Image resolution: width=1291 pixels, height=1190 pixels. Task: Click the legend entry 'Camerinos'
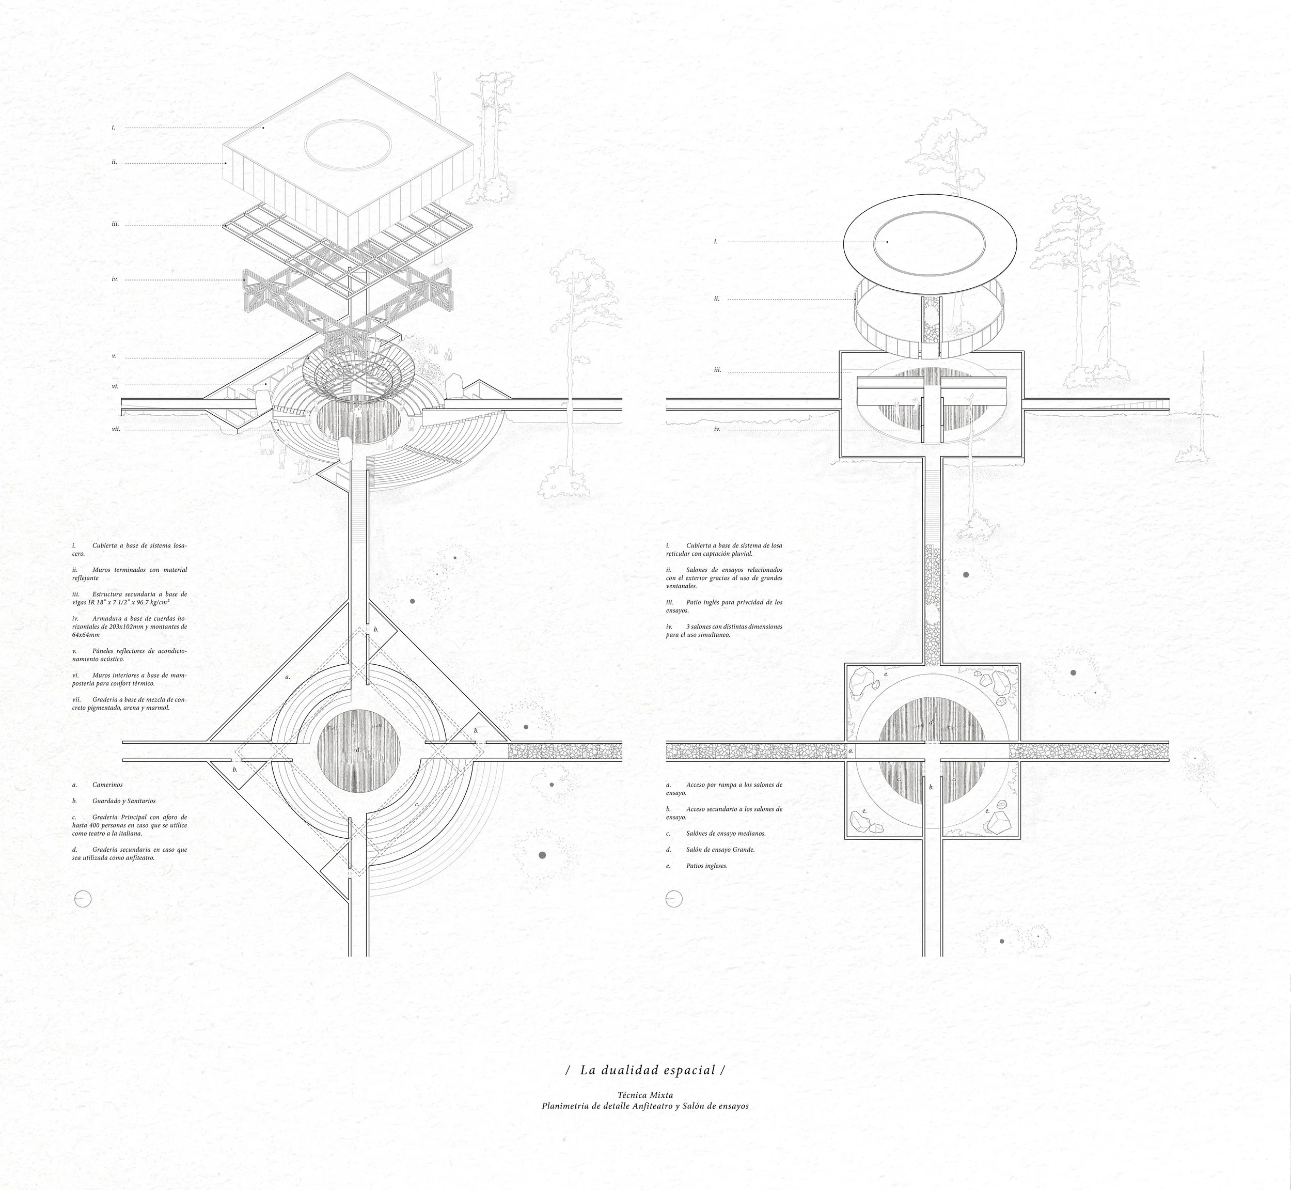tap(107, 785)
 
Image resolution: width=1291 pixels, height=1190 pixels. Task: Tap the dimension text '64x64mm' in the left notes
tap(86, 634)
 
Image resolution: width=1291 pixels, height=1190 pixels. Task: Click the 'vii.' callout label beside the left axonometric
tap(116, 429)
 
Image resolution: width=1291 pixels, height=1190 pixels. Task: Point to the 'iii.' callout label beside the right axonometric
tap(717, 371)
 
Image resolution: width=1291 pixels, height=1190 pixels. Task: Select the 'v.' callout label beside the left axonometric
tap(114, 356)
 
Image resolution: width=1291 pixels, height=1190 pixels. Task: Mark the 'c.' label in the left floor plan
tap(417, 804)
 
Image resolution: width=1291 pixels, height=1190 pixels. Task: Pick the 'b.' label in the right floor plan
tap(931, 788)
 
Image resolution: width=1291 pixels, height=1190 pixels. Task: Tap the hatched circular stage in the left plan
tap(359, 750)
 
